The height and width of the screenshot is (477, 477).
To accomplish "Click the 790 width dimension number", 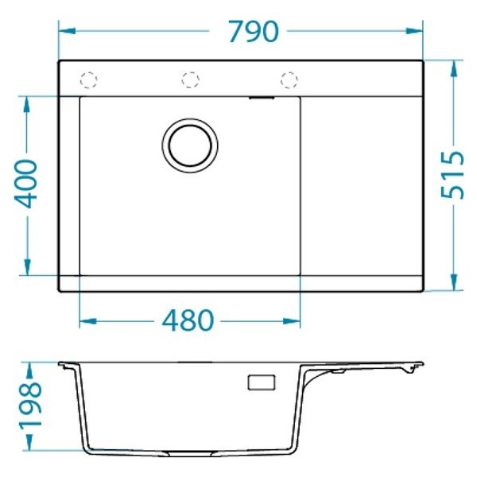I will coord(253,31).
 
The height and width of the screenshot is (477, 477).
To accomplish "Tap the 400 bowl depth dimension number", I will coord(28,184).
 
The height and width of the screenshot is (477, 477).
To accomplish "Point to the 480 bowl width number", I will coord(188,321).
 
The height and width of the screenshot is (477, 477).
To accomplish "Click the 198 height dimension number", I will coord(29,405).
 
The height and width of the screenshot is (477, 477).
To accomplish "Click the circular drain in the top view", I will coord(190,145).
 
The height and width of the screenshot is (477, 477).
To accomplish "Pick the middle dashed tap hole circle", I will coord(189,79).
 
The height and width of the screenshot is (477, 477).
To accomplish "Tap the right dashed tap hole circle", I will coord(288,79).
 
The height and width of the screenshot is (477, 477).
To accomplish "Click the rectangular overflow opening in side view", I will coord(260,382).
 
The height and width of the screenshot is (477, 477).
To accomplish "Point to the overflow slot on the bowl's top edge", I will coord(262,99).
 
